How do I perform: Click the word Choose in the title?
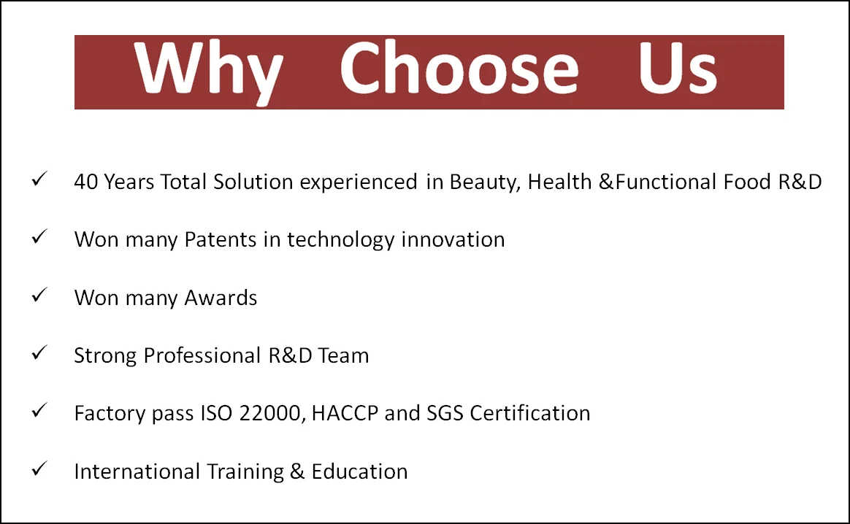(459, 69)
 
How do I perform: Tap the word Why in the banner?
(209, 72)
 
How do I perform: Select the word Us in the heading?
(678, 68)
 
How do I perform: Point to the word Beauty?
(485, 182)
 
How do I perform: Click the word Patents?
(220, 239)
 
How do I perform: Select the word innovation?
(453, 239)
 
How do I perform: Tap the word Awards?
(221, 298)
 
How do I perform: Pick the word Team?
(343, 355)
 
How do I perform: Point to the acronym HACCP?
(345, 414)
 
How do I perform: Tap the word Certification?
(529, 414)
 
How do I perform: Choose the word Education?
(359, 471)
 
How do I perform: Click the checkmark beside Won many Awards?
(39, 295)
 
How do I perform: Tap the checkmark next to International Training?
(39, 469)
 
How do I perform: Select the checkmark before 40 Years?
(39, 179)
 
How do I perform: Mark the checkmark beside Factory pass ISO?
(39, 410)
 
